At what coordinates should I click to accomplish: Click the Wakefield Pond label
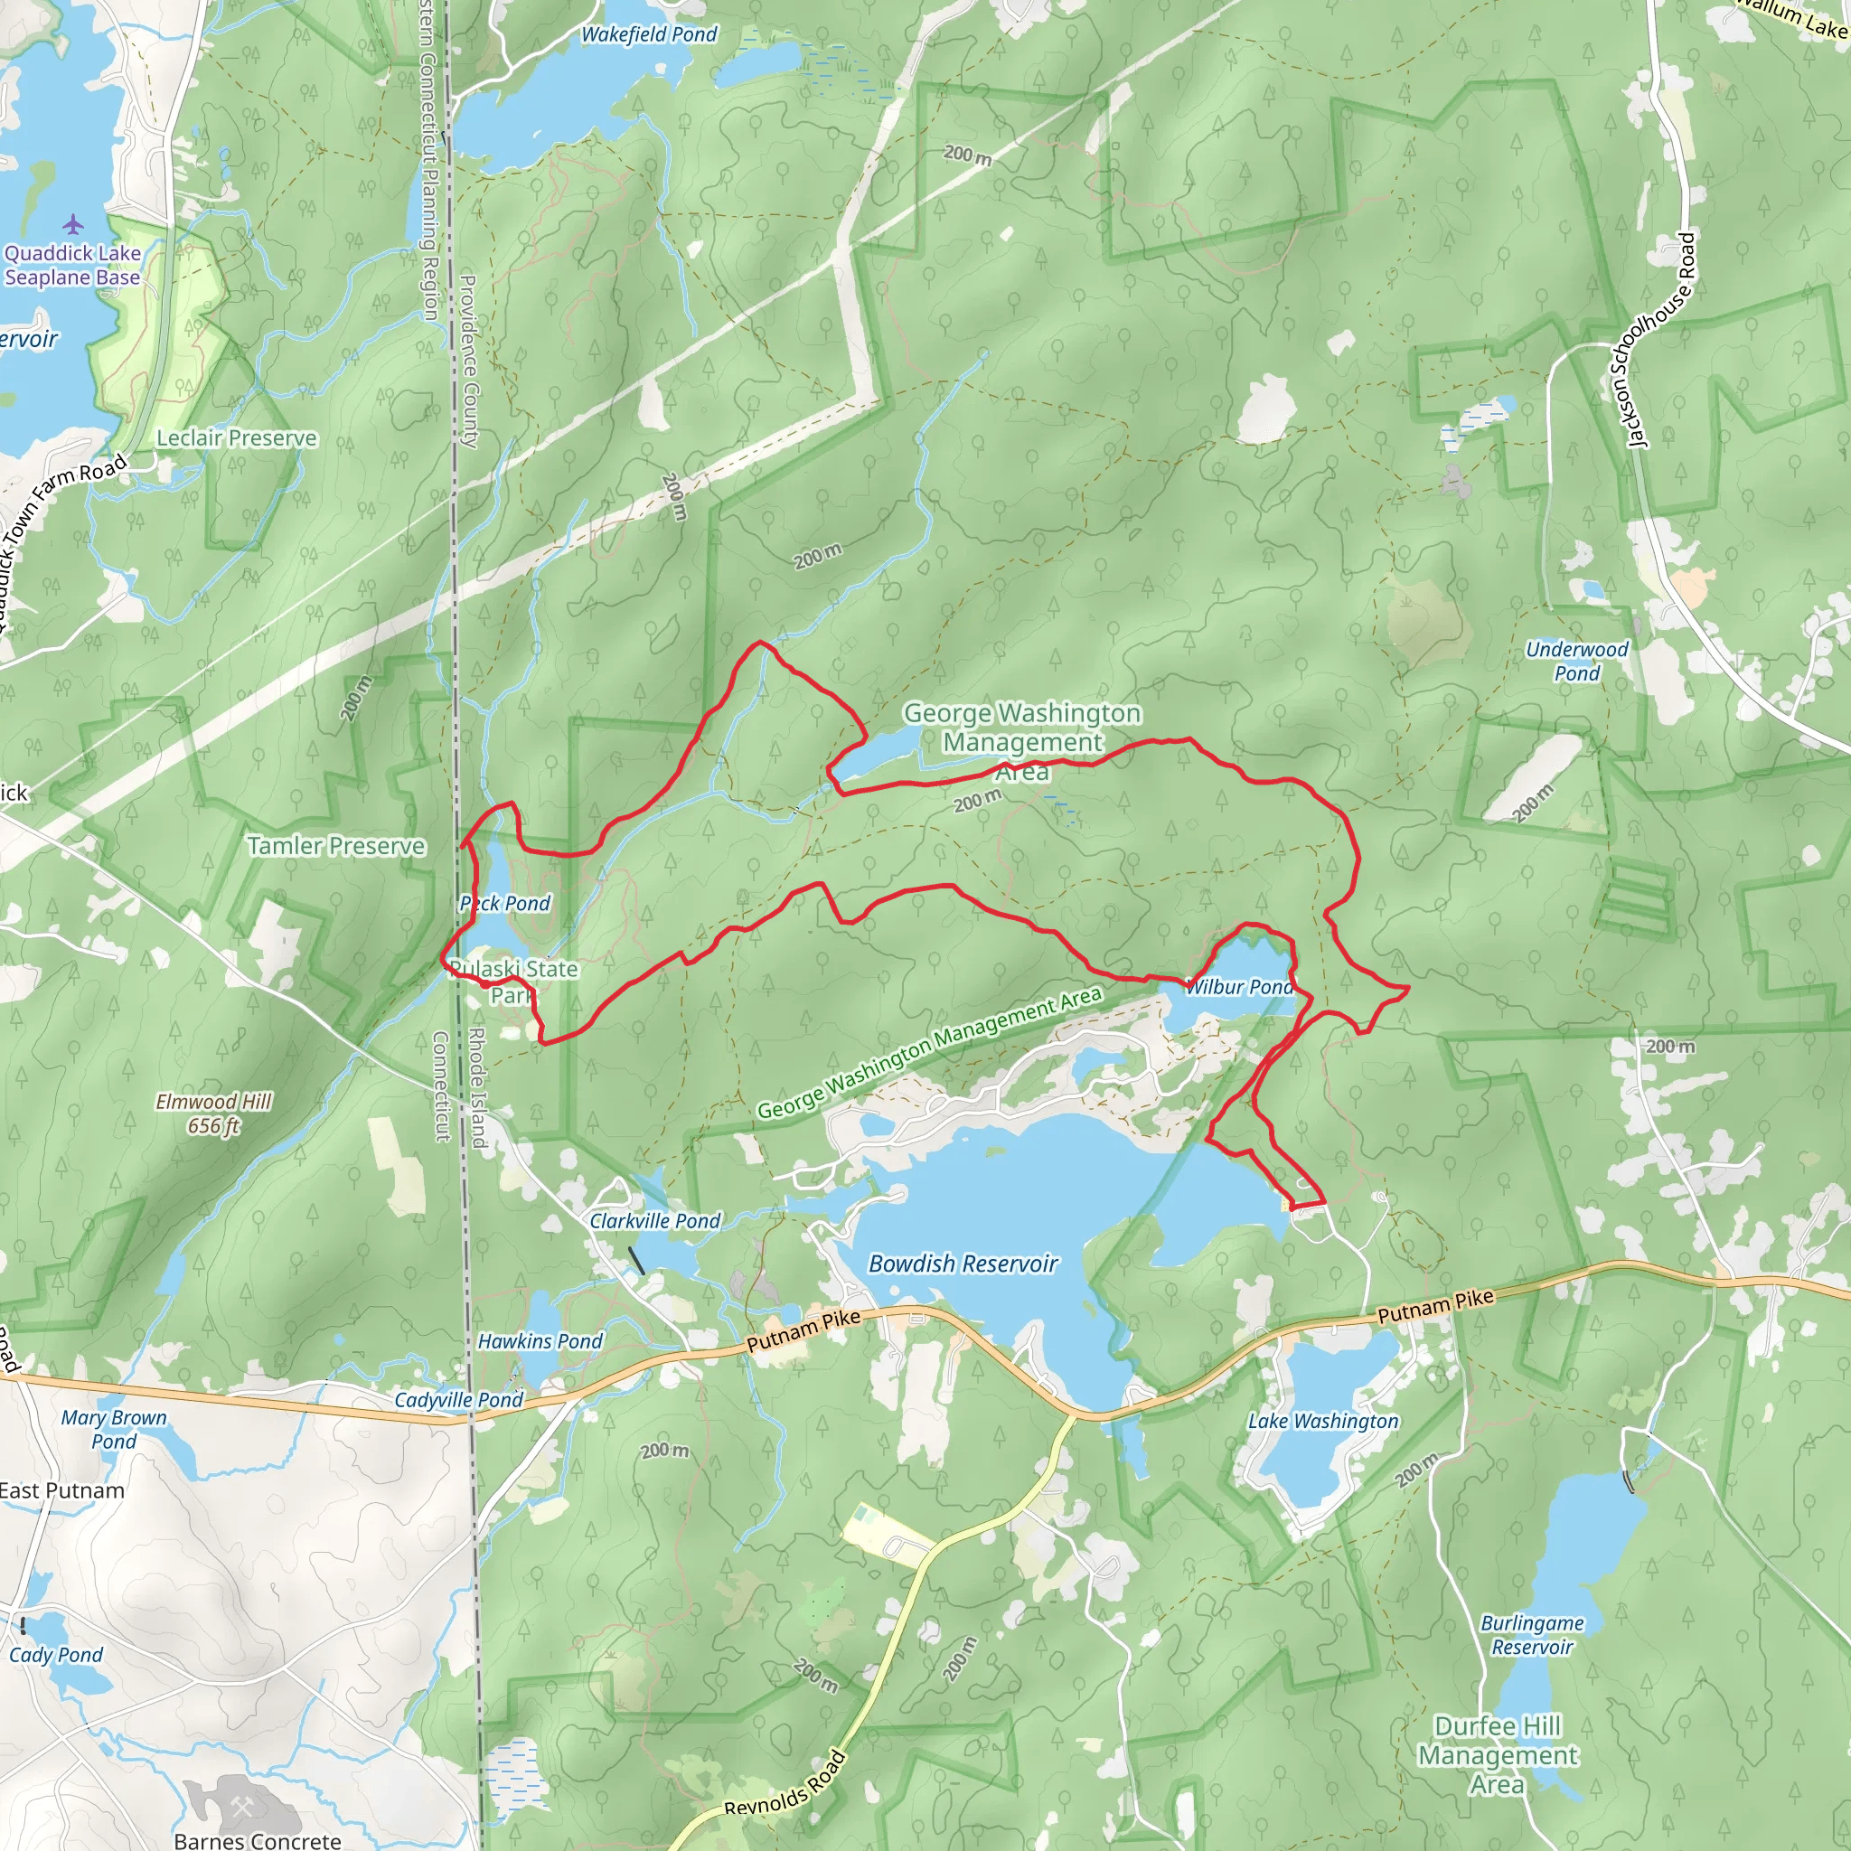tap(649, 34)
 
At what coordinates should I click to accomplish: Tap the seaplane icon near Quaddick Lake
tap(74, 225)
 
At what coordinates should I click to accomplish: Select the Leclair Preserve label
tap(237, 437)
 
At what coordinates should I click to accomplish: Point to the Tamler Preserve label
tap(336, 846)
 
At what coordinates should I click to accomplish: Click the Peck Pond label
tap(505, 904)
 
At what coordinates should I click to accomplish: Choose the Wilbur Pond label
tap(1240, 987)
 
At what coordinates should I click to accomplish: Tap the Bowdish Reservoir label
tap(963, 1264)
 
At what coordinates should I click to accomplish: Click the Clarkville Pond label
tap(654, 1220)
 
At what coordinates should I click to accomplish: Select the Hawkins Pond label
tap(540, 1341)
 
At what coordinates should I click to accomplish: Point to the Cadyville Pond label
tap(459, 1400)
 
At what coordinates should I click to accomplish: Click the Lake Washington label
tap(1323, 1421)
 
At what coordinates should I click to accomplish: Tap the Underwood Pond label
tap(1577, 661)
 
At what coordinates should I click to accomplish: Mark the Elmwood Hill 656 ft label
tap(213, 1113)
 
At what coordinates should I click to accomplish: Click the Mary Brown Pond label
tap(114, 1429)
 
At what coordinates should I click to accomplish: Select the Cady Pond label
tap(55, 1655)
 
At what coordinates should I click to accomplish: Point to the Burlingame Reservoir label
tap(1532, 1634)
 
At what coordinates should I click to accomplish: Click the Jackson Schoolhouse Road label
tap(1661, 340)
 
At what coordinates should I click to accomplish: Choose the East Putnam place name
tap(62, 1490)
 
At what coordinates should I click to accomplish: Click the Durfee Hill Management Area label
tap(1498, 1754)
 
